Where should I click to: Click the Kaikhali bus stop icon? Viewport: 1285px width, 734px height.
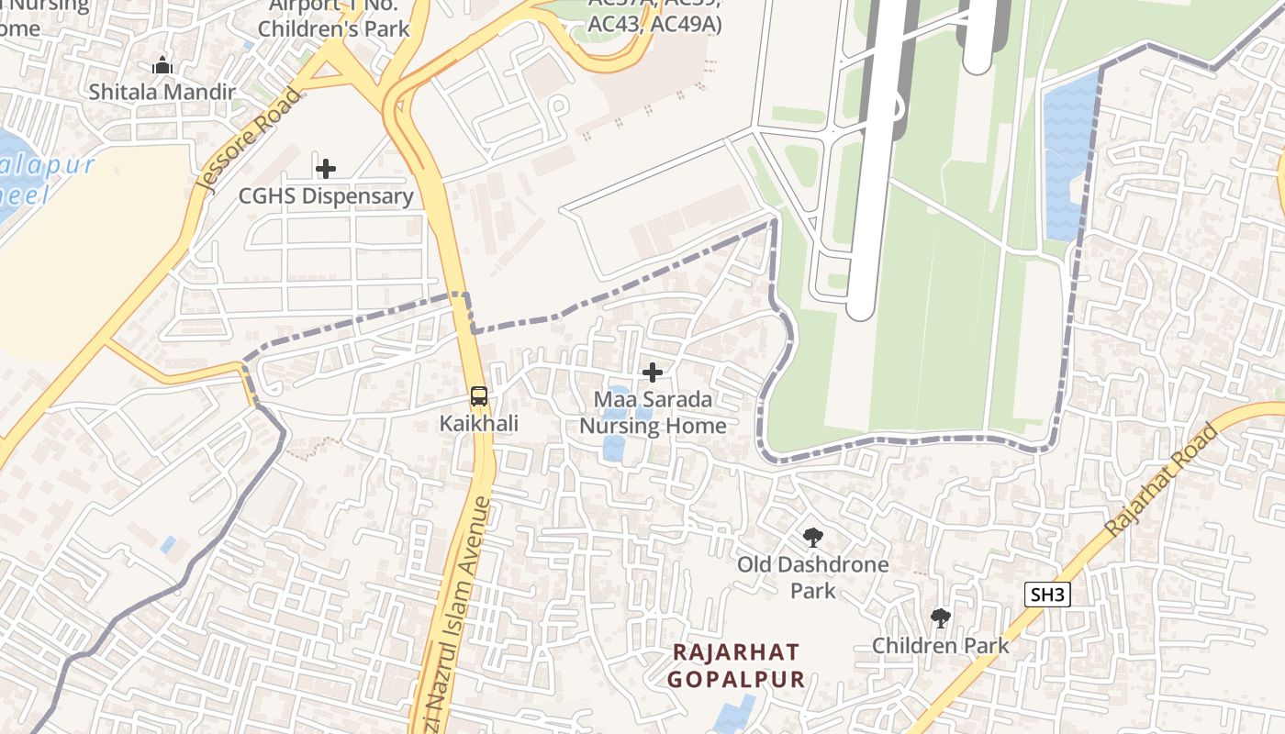coord(478,396)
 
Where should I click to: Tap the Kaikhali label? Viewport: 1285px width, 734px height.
coord(478,424)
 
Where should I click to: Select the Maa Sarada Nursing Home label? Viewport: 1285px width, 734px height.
coord(653,413)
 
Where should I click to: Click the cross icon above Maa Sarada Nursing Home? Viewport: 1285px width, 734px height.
coord(653,373)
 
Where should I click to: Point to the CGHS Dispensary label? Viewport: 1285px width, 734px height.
coord(326,196)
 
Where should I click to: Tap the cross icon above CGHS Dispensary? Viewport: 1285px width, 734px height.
coord(325,169)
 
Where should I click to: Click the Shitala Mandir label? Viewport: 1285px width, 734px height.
coord(162,92)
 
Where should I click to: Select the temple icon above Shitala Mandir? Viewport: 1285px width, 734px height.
coord(162,65)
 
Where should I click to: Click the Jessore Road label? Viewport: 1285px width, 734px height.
coord(249,139)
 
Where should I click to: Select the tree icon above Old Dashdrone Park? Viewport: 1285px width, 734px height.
coord(812,538)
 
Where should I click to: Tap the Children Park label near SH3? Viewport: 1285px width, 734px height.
coord(940,645)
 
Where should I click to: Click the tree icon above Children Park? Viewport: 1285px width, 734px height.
coord(940,617)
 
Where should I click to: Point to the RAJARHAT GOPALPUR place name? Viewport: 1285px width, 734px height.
coord(736,666)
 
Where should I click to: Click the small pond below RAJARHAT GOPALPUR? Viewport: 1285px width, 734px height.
coord(734,716)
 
